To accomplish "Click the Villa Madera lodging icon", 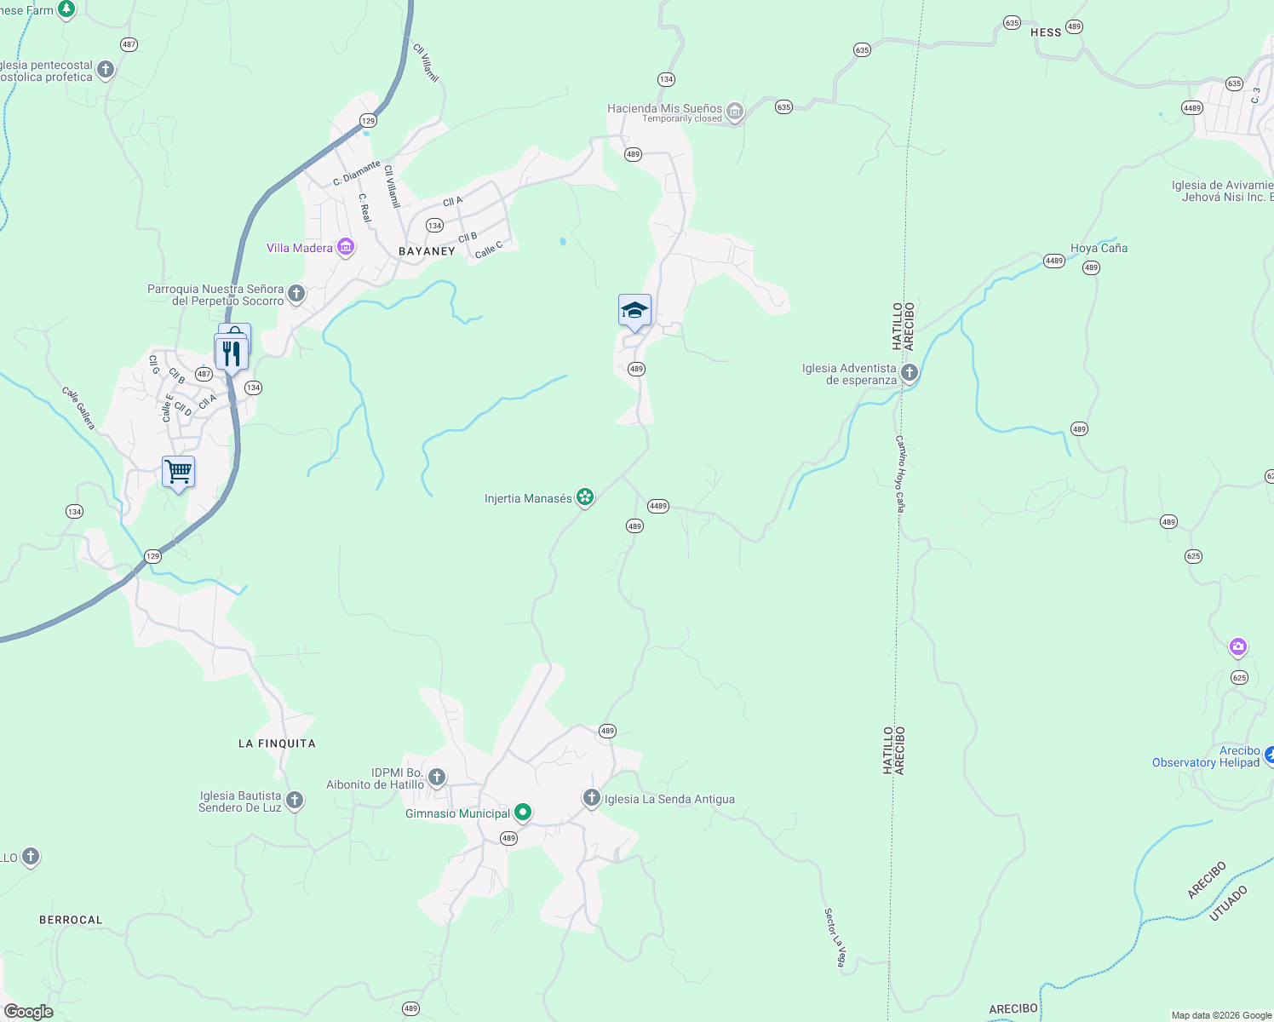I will click(x=346, y=248).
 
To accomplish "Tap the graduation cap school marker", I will click(x=634, y=310).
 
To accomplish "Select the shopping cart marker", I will click(x=178, y=471).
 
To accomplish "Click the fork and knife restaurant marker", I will click(x=231, y=352).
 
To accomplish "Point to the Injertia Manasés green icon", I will click(x=584, y=497).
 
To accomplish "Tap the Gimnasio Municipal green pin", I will click(x=523, y=812).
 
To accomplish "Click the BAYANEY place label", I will click(x=427, y=251).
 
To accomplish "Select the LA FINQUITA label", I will click(x=277, y=744).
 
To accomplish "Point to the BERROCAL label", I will click(x=71, y=920).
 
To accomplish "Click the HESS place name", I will click(x=1046, y=32).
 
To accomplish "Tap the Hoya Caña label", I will click(x=1099, y=248).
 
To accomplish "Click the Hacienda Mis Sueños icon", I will click(x=735, y=111).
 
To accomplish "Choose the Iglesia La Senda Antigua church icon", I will click(x=591, y=798).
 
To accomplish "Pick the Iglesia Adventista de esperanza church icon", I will click(x=910, y=373).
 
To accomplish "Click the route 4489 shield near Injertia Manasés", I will click(x=657, y=506).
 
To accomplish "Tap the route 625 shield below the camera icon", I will click(x=1239, y=678).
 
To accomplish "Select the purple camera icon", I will click(x=1238, y=647).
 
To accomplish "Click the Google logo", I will click(x=28, y=1012).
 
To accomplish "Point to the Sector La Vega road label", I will click(x=835, y=937).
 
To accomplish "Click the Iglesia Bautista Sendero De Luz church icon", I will click(x=295, y=801).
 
